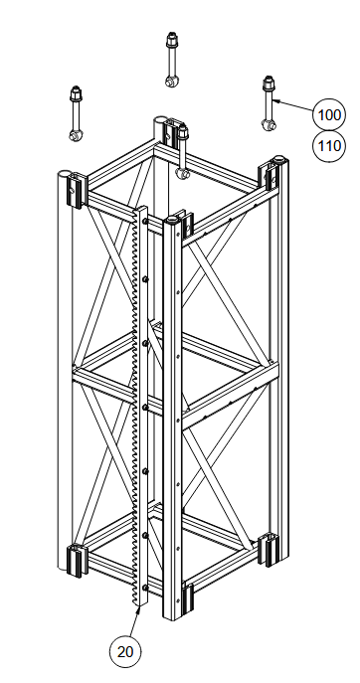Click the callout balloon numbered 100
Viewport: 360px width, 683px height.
tap(329, 114)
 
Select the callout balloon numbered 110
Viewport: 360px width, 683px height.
tap(329, 146)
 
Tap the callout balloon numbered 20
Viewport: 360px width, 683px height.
tap(125, 651)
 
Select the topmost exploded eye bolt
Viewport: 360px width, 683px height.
tap(171, 59)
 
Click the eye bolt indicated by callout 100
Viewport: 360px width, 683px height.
tap(269, 102)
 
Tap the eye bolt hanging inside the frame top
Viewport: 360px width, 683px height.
tap(183, 151)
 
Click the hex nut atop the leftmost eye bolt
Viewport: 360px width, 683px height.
tap(76, 92)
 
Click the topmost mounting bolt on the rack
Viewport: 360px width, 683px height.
tap(145, 222)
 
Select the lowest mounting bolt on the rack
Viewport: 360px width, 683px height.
tap(145, 588)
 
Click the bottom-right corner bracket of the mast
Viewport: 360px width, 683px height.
tap(268, 550)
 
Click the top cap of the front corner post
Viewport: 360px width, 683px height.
tap(172, 220)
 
